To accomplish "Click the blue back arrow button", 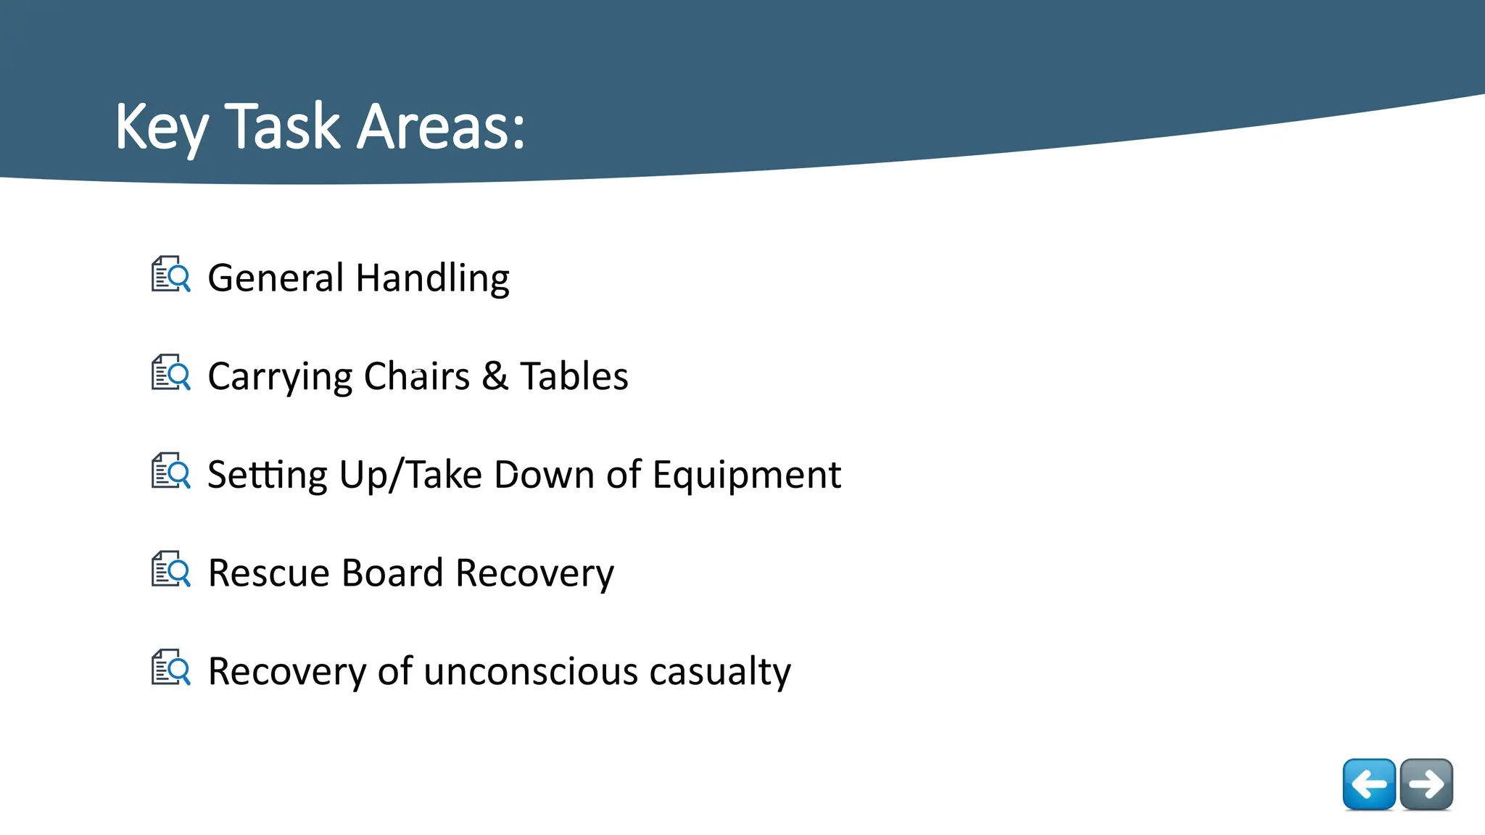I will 1369,784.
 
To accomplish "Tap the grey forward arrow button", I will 1426,784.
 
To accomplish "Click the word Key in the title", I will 161,127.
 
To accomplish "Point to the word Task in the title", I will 282,127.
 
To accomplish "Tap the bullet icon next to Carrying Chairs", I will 171,373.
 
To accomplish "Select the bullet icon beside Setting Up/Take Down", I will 171,471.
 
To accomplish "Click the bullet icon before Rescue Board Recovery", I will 171,569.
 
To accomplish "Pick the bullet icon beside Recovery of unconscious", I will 171,668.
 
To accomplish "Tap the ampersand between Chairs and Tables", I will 495,376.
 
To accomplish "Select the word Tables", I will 574,376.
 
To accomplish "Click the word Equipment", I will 746,475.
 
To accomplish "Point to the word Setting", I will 267,475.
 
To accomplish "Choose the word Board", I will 392,573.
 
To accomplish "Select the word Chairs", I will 416,376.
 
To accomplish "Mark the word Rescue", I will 269,573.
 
